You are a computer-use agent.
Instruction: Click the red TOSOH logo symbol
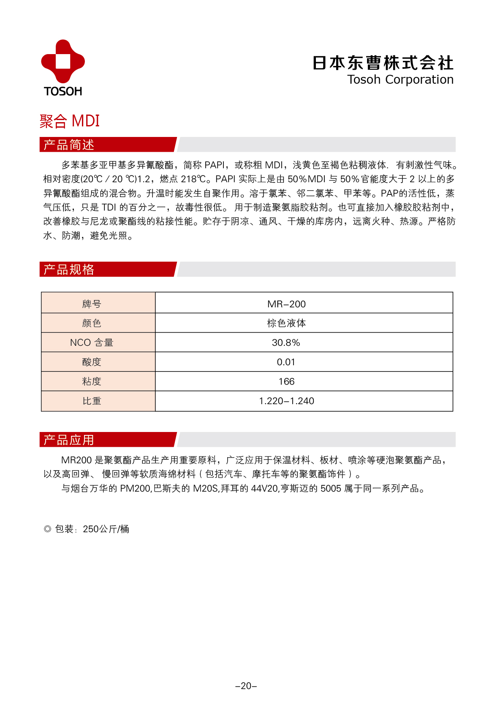[x=63, y=61]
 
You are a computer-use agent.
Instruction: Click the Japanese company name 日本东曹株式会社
[x=383, y=63]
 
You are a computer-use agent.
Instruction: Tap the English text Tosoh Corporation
[x=400, y=79]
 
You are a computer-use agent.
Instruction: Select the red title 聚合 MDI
[x=70, y=121]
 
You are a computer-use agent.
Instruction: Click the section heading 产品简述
[x=69, y=145]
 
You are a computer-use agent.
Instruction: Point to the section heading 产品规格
[x=69, y=269]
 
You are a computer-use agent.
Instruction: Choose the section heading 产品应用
[x=69, y=440]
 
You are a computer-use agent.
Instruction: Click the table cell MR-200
[x=286, y=304]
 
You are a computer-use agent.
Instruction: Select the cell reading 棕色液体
[x=286, y=323]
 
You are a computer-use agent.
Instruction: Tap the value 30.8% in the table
[x=286, y=343]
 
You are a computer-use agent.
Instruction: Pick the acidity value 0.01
[x=286, y=362]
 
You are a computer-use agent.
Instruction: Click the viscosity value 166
[x=286, y=382]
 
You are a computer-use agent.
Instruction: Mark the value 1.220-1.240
[x=286, y=401]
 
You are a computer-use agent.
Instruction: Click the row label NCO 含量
[x=92, y=343]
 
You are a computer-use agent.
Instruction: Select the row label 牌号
[x=92, y=304]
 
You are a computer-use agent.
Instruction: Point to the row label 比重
[x=92, y=401]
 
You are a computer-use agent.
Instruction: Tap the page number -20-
[x=246, y=686]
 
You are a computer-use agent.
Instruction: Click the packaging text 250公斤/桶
[x=106, y=529]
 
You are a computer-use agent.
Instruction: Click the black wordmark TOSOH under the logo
[x=63, y=91]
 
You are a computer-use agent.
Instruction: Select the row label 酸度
[x=92, y=362]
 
